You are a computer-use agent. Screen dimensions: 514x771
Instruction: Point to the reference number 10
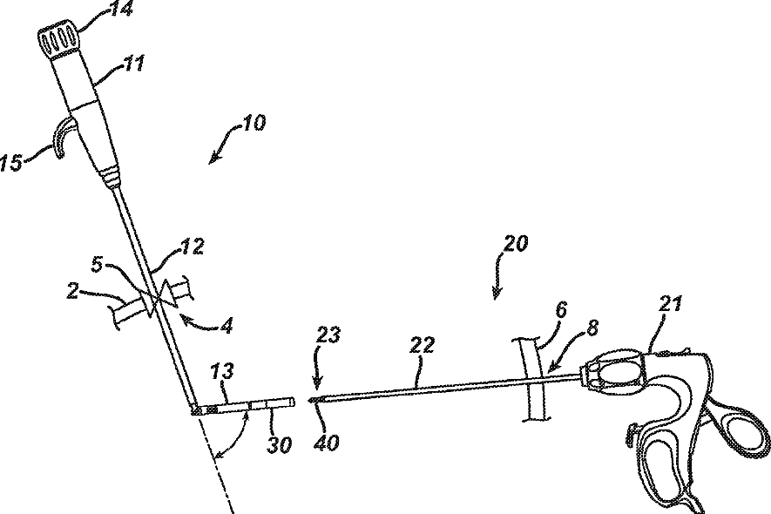pyautogui.click(x=254, y=122)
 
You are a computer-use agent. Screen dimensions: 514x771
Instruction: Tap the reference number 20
pyautogui.click(x=516, y=243)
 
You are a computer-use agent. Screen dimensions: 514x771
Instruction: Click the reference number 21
pyautogui.click(x=672, y=304)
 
